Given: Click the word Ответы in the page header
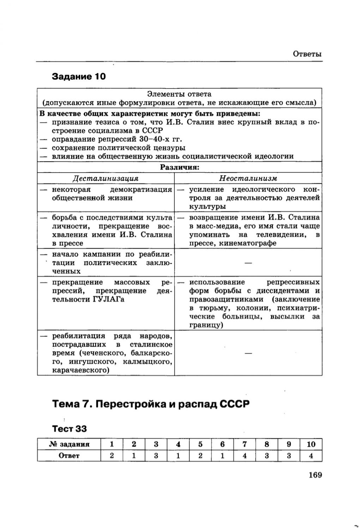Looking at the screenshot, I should [307, 54].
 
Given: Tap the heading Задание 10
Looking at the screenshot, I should [79, 77].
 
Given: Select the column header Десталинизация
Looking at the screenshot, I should [105, 178].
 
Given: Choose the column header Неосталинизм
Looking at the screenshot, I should [248, 178].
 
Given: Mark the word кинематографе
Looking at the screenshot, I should [247, 243].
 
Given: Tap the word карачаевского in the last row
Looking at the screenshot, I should [80, 370].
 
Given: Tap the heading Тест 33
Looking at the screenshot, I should [69, 428].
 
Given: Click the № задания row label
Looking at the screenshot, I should [69, 444].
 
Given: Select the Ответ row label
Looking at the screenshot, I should [69, 455].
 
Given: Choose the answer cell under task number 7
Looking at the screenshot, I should [245, 455].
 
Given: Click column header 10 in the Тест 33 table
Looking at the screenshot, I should [311, 444].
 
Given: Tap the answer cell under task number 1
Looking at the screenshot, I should [112, 455].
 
